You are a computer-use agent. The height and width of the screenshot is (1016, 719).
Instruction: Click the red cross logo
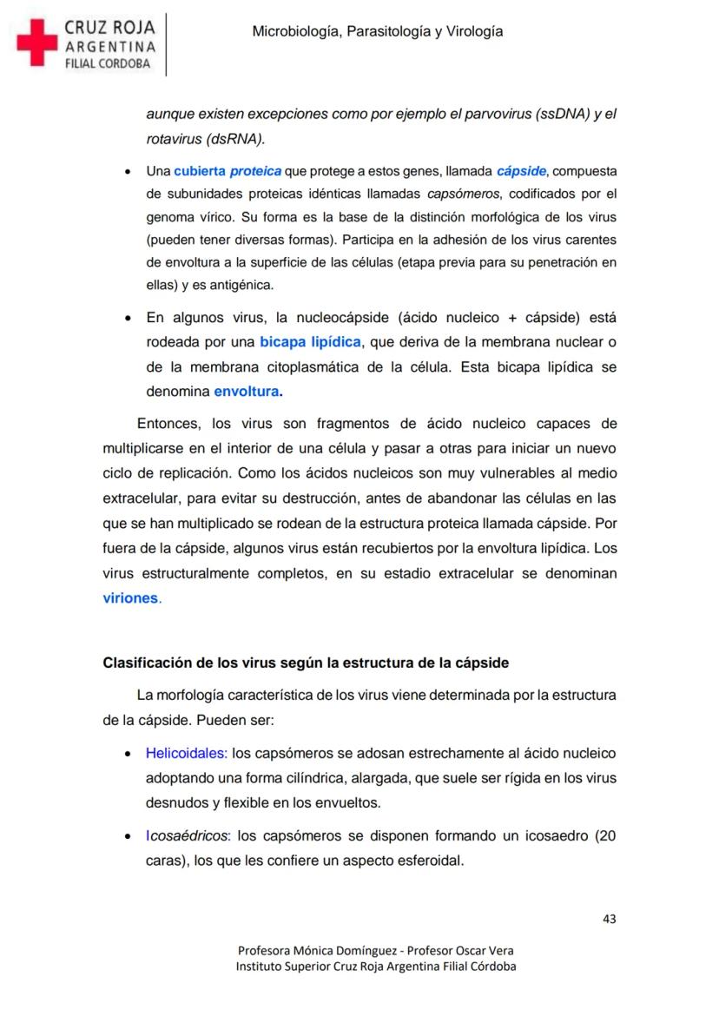tap(36, 43)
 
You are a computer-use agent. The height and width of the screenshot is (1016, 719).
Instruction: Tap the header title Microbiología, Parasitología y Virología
tap(377, 32)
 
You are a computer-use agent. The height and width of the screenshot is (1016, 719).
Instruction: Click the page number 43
tap(609, 919)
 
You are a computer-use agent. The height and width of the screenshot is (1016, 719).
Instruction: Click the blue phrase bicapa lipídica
tap(310, 342)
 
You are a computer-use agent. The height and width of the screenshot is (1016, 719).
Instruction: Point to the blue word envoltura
tap(247, 392)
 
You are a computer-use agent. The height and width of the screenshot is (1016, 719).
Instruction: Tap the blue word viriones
tap(131, 598)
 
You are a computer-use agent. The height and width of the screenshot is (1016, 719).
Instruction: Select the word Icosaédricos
tap(187, 837)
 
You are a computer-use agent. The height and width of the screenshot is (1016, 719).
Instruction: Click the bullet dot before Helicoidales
tap(129, 755)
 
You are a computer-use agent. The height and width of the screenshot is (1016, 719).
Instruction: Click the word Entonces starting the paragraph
tap(169, 424)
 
